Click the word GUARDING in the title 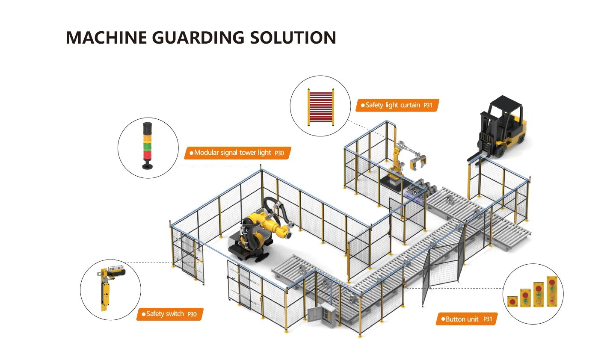pos(198,38)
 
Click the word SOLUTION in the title pos(293,38)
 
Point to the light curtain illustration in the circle pos(320,106)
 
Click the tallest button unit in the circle pos(552,292)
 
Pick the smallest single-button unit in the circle pos(512,301)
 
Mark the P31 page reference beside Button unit pos(488,319)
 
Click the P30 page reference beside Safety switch pos(192,314)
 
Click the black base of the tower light pos(148,165)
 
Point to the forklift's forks pos(475,157)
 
